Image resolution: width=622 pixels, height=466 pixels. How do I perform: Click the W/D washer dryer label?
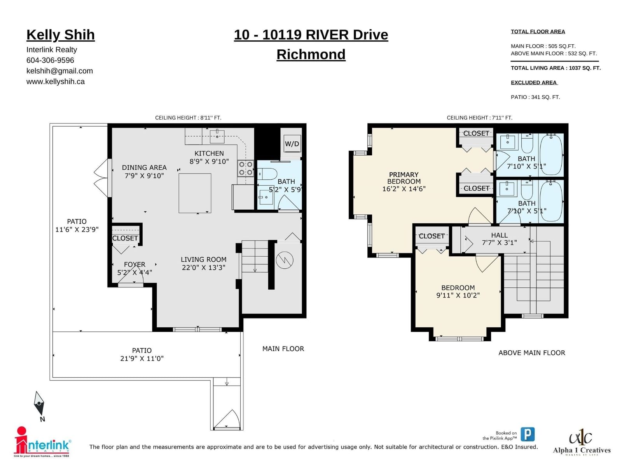pos(292,144)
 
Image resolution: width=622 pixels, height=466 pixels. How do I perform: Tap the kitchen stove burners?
pos(245,168)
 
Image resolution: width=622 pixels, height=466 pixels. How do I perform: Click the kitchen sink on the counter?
pos(217,136)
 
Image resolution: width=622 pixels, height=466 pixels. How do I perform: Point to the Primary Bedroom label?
pos(404,178)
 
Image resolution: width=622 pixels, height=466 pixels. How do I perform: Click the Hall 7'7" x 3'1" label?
pos(499,239)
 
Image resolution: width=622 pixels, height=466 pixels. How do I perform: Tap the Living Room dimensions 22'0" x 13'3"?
pos(203,268)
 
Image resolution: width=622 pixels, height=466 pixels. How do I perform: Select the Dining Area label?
pos(144,167)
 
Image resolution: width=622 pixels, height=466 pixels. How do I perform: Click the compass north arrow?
pos(39,403)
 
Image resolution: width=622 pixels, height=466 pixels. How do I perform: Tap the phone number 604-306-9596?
pos(50,60)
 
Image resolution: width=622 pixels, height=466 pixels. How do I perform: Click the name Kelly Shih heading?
pos(61,35)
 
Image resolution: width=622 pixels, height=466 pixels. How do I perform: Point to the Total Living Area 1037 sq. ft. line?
pos(556,68)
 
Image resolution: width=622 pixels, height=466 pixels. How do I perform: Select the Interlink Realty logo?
pos(42,442)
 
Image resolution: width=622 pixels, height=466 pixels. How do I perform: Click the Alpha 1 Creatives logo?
pos(582,443)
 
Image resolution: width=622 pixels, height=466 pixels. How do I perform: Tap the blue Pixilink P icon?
pos(528,434)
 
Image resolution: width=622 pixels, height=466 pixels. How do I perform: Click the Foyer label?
pos(135,264)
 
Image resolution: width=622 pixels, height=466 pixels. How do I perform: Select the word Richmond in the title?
pos(311,54)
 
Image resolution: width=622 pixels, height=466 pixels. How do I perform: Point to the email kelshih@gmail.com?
pos(59,71)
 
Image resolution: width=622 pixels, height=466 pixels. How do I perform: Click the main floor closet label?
pos(125,238)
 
